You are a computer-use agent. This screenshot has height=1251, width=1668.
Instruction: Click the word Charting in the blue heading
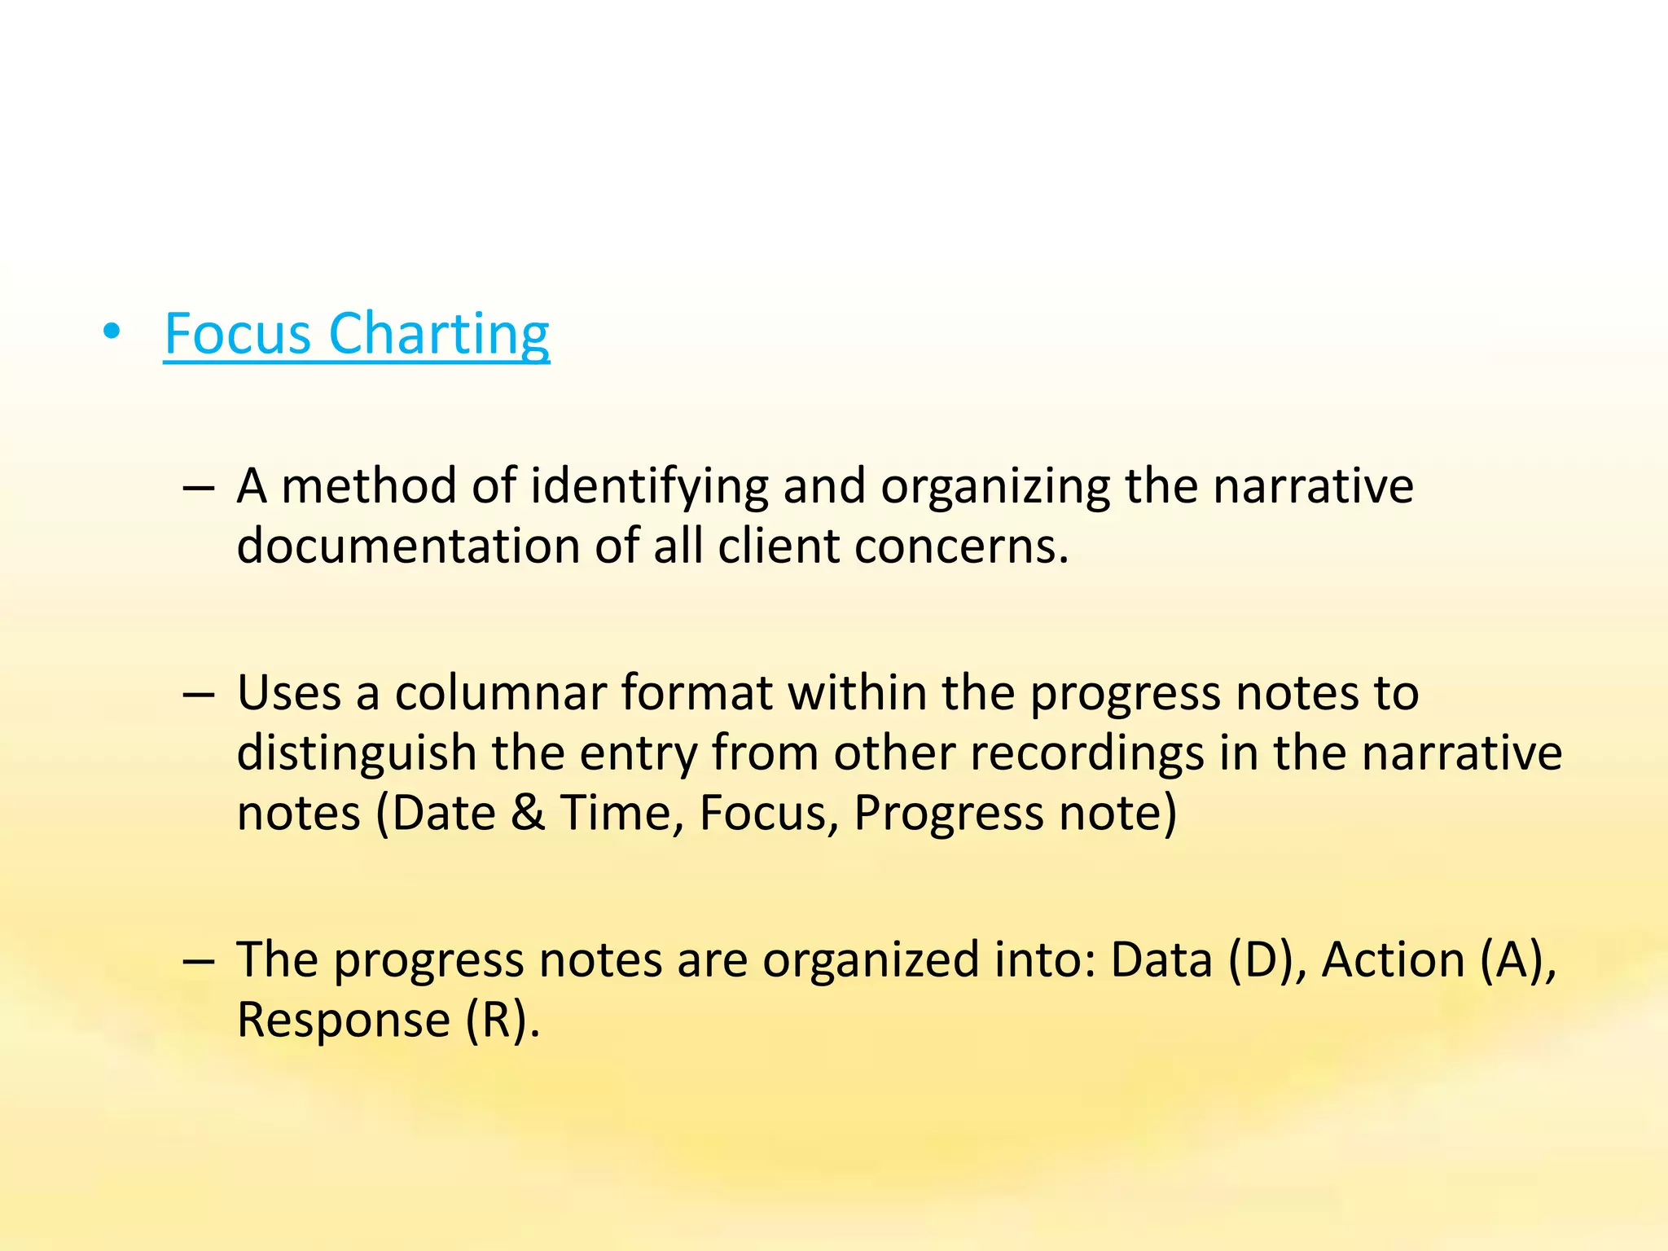coord(439,334)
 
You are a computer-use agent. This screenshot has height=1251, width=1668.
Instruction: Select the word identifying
coord(649,487)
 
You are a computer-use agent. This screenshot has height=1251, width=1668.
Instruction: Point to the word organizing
coord(995,487)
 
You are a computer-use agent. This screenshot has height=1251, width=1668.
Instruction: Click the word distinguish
coord(356,753)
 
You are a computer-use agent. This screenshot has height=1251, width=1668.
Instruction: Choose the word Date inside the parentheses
coord(443,813)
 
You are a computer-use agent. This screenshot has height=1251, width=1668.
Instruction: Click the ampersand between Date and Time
coord(528,813)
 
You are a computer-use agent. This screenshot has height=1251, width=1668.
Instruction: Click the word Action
coord(1393,960)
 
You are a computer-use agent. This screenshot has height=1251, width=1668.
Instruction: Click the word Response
coord(343,1020)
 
